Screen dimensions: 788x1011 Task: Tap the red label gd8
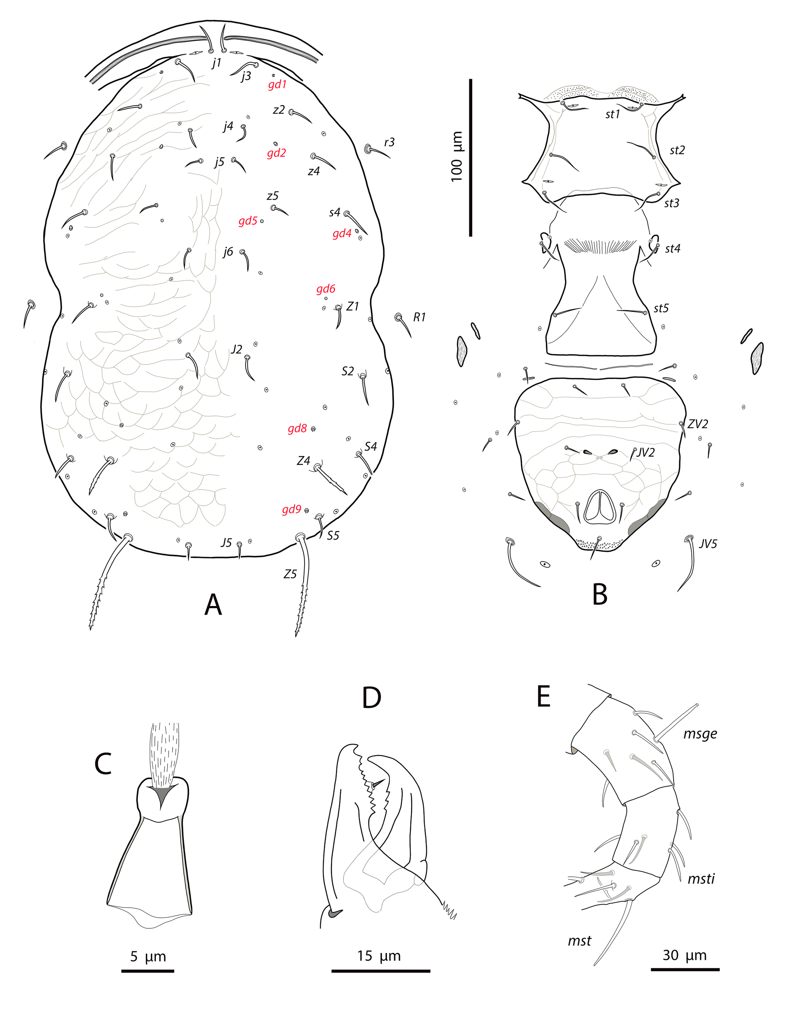297,429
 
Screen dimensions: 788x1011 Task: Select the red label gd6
326,289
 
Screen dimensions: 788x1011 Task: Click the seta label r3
389,142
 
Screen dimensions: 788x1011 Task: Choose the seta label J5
226,542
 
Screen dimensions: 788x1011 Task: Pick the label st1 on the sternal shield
612,114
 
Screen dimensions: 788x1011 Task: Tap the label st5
661,308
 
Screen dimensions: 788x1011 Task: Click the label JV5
708,544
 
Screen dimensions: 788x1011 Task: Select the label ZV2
698,424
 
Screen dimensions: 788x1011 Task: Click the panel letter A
213,604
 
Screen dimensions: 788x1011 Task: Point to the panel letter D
371,698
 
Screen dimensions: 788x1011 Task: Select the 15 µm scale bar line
381,971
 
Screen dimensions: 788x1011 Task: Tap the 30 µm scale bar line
685,969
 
